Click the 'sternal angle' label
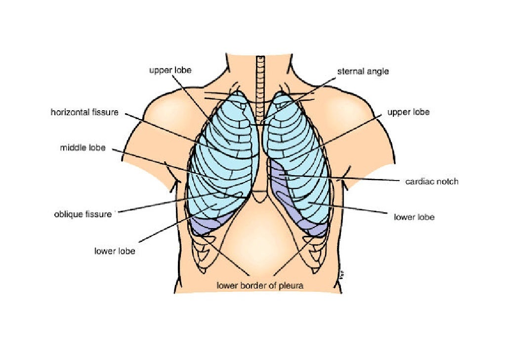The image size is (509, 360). click(x=363, y=71)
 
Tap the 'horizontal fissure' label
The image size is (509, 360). click(x=85, y=112)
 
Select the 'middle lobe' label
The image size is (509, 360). click(x=83, y=147)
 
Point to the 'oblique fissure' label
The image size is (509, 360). click(x=83, y=214)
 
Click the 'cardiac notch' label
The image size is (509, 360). click(x=431, y=181)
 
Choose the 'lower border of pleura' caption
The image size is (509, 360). click(x=259, y=285)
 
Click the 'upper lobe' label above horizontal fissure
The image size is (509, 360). click(x=170, y=70)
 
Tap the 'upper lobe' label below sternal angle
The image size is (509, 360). click(x=408, y=112)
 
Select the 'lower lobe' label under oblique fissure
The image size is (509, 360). click(x=115, y=251)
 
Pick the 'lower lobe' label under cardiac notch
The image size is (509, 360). click(x=414, y=217)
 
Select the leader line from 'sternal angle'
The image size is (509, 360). click(x=301, y=96)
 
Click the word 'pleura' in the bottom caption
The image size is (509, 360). click(x=291, y=285)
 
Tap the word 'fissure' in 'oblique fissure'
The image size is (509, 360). click(x=99, y=214)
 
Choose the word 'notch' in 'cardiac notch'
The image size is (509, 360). click(x=447, y=181)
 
